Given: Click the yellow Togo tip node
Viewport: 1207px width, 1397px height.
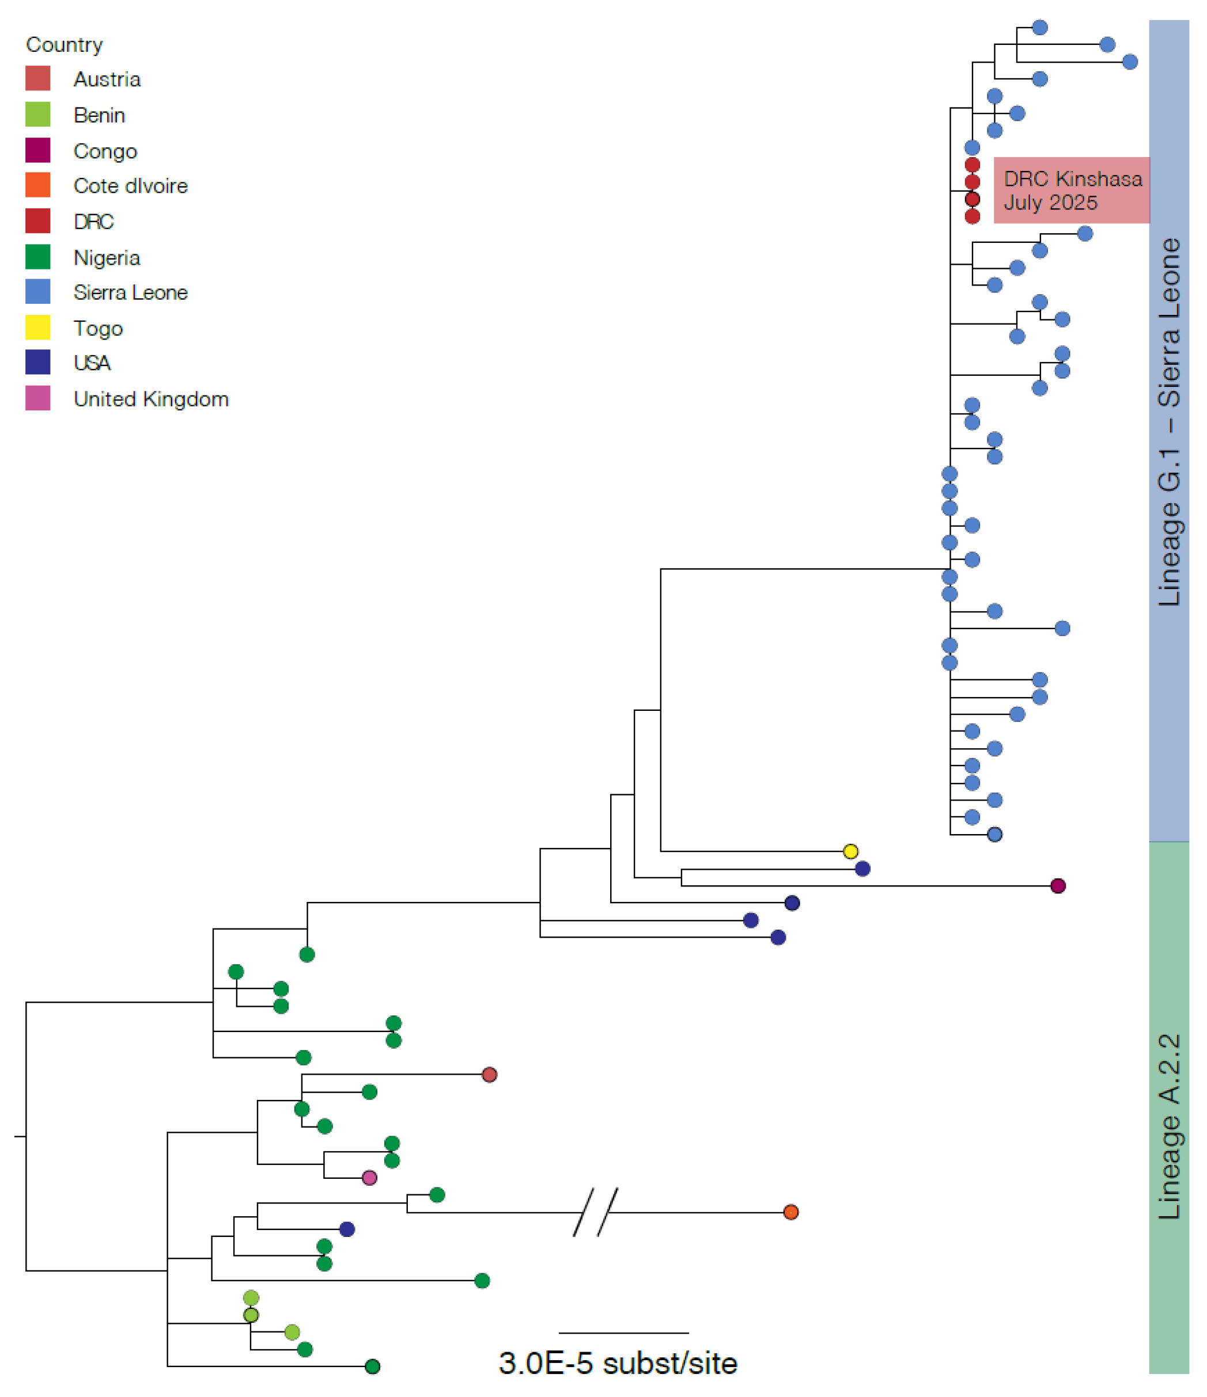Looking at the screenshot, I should click(x=850, y=851).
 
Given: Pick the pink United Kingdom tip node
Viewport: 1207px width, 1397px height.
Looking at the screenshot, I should click(x=369, y=1177).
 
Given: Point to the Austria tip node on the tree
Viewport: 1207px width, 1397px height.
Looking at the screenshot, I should click(x=489, y=1074).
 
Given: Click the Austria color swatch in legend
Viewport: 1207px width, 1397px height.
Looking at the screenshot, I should click(x=38, y=78).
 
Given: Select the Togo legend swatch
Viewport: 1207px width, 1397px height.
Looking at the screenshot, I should click(x=38, y=328).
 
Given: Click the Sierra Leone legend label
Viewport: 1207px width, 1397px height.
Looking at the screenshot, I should click(x=130, y=292).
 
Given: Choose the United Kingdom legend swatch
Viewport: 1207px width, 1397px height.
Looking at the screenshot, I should click(x=38, y=398).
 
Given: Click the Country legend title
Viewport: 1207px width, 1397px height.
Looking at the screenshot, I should click(x=64, y=44).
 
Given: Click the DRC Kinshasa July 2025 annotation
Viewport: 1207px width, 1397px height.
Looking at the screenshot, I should click(x=1072, y=190).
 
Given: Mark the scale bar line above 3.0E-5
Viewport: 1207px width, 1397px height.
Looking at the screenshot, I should click(x=623, y=1333).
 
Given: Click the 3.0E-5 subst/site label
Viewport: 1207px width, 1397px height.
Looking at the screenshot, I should click(x=618, y=1362).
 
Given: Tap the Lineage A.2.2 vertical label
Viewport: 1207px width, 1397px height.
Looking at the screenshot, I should click(x=1169, y=1126).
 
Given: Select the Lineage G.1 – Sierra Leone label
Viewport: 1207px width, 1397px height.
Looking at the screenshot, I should click(x=1169, y=421).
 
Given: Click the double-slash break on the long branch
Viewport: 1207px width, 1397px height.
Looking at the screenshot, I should click(x=595, y=1212).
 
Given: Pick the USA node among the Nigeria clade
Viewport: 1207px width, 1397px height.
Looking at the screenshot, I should click(x=347, y=1228).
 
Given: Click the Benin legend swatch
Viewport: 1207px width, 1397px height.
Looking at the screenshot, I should click(x=38, y=114).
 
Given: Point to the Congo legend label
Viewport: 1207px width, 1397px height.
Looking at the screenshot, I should click(x=105, y=150).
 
